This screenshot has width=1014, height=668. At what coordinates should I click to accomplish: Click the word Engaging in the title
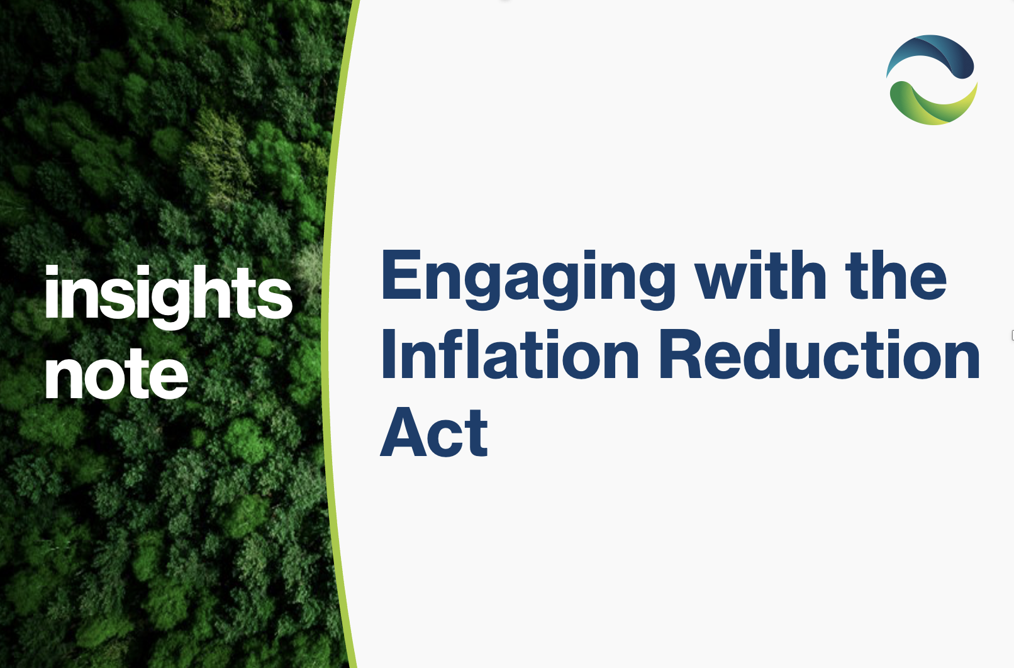528,280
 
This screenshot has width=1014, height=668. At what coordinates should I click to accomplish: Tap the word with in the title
761,274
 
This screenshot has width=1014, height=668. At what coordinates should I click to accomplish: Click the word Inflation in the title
510,353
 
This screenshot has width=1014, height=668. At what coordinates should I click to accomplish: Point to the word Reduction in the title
820,353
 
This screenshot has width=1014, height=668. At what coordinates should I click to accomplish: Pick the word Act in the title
433,431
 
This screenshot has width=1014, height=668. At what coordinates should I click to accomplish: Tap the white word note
117,375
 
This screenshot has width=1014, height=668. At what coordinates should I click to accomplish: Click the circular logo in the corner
932,80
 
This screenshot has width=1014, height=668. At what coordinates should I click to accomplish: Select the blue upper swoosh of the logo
932,54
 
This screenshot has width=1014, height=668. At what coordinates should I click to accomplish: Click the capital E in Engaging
402,274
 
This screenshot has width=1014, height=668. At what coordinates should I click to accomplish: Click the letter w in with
724,281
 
